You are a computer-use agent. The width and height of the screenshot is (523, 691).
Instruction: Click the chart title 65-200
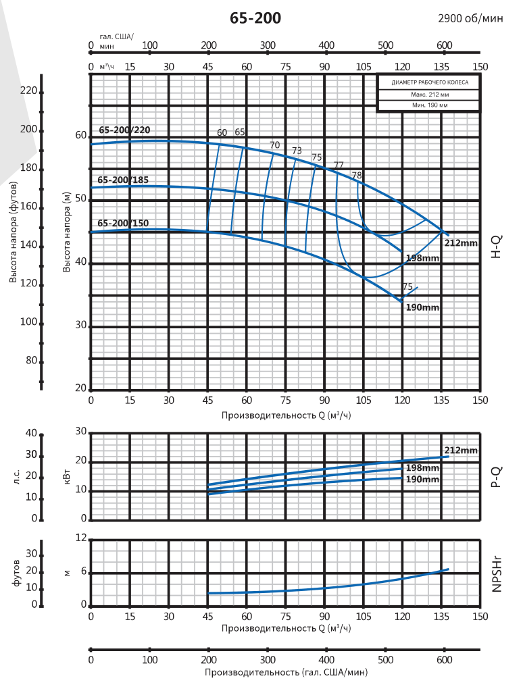click(255, 18)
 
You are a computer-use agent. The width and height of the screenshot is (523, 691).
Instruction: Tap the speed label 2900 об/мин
click(471, 19)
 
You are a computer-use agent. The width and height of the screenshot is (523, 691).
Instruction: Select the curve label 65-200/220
click(124, 130)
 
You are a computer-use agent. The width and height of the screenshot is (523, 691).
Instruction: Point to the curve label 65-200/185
click(123, 180)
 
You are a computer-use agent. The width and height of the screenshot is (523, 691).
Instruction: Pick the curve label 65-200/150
click(123, 223)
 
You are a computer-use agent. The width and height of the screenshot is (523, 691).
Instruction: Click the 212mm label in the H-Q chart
click(461, 242)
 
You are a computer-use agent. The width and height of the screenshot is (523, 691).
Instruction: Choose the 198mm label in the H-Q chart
click(423, 259)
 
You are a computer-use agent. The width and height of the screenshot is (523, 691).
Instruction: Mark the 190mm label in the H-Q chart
click(423, 307)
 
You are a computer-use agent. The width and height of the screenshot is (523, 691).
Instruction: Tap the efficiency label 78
click(357, 176)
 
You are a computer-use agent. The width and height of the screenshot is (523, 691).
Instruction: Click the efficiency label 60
click(222, 132)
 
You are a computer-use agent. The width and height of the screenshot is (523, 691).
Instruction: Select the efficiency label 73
click(297, 151)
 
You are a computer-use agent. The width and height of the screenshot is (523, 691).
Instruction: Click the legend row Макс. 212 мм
click(429, 95)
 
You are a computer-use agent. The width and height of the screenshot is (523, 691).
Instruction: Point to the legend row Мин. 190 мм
click(429, 106)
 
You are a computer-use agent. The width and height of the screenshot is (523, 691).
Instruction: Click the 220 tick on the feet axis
click(29, 91)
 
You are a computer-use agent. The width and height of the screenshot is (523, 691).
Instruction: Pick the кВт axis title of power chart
click(66, 476)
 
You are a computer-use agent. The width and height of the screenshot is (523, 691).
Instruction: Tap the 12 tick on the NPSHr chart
click(82, 538)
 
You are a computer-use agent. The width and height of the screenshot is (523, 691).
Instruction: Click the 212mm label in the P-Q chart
click(461, 451)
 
